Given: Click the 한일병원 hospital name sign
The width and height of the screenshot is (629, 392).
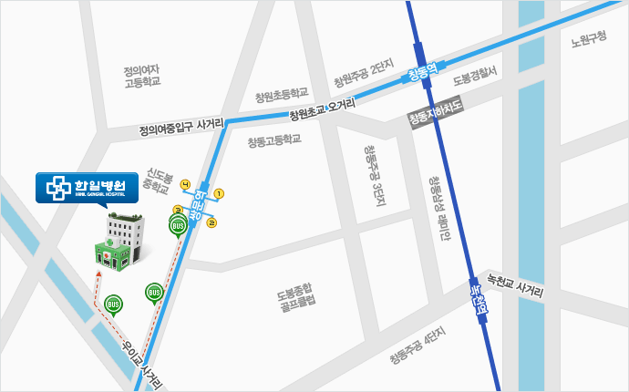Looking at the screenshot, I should point(87,187).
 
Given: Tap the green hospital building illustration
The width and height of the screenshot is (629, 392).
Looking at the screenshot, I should point(119,242).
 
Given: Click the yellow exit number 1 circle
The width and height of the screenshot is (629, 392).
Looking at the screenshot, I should point(219,193).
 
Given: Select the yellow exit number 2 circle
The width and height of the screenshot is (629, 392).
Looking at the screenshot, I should point(212,222).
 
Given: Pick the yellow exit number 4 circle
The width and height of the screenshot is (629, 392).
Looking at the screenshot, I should point(185,185).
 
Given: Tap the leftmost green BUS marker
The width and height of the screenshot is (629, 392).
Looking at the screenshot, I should point(113,304).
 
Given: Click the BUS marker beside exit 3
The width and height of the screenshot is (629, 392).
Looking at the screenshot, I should point(179,225).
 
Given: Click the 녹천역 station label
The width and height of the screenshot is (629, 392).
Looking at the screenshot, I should point(477,299).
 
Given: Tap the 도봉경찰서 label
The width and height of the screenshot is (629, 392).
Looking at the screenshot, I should point(474,73).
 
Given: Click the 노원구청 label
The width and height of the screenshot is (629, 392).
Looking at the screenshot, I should point(588,38).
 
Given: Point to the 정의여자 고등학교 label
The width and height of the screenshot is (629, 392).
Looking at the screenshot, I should point(142,75).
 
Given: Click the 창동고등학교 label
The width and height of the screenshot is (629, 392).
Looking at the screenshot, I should point(273,141).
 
